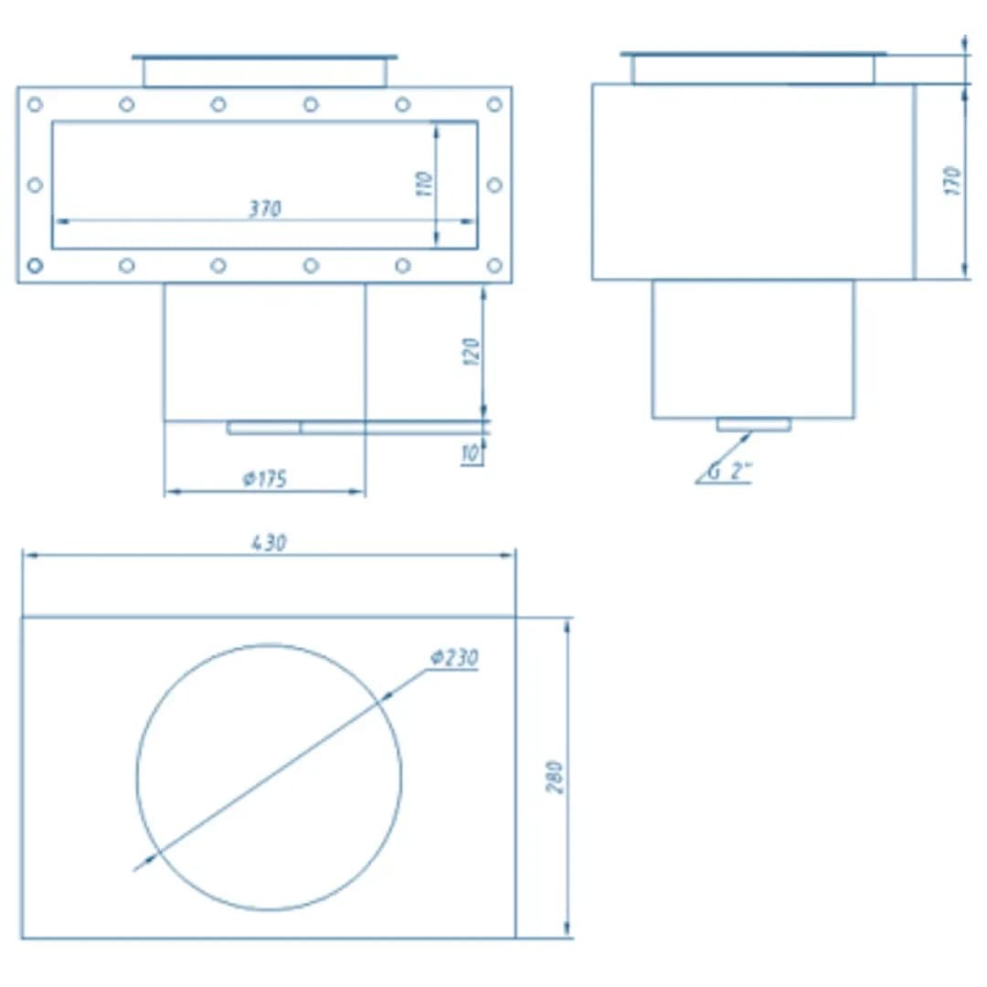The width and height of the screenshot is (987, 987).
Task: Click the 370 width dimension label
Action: (x=265, y=208)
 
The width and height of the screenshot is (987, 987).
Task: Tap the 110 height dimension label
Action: (x=425, y=184)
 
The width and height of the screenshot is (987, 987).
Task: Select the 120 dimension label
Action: (x=472, y=352)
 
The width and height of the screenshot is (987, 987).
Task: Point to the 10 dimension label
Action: (x=471, y=452)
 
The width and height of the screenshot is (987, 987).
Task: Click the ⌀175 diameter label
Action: (x=265, y=479)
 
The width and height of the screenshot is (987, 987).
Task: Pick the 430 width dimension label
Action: (x=270, y=543)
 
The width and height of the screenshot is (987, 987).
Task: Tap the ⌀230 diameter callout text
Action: (x=454, y=658)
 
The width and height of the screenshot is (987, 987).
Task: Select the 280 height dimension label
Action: (x=555, y=778)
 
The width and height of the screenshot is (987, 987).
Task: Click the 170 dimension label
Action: (x=953, y=181)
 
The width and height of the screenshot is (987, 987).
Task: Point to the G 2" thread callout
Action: (x=730, y=471)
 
